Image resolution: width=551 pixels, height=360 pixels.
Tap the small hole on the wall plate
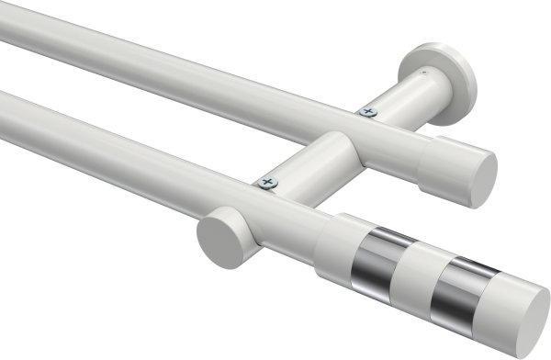pos(423,67)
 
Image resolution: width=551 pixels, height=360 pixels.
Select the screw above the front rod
pos(267,182)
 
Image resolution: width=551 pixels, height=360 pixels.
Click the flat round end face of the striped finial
pos(530,317)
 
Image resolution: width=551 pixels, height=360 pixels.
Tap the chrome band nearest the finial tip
pos(465,284)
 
